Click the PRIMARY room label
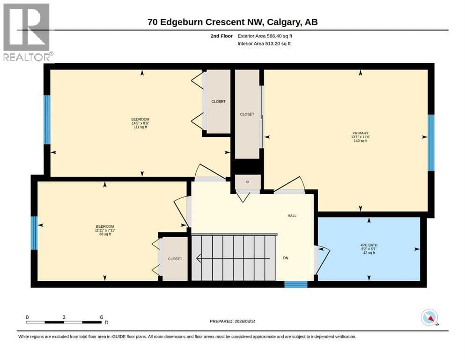point(360,133)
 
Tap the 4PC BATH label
point(369,245)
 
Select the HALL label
point(292,216)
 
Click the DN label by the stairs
point(286,258)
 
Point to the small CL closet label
point(248,182)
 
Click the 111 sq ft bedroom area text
point(140,127)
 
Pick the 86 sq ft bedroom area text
point(105,234)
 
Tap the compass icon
point(429,317)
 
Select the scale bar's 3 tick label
point(64,317)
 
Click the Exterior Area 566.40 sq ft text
point(265,36)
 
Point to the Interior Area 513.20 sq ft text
point(264,44)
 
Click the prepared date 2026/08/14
point(245,321)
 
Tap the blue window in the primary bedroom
point(431,143)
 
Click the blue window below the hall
point(295,285)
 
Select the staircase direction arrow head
point(199,258)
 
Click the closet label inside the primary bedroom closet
point(247,114)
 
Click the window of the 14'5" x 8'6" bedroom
point(47,120)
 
